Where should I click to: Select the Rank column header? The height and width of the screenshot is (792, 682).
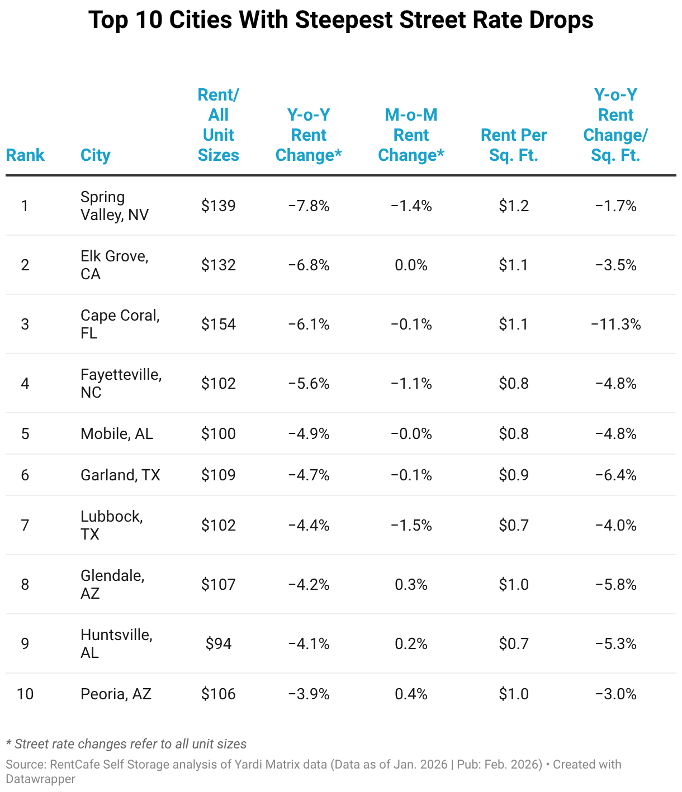point(25,155)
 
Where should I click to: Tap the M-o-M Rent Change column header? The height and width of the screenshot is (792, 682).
point(411,135)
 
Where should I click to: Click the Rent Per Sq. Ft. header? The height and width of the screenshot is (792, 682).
point(514,145)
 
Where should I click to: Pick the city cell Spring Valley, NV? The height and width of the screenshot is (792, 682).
point(114,206)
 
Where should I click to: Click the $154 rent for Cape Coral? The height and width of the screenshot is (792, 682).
point(218,324)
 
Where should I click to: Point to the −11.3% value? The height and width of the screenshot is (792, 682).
point(615,324)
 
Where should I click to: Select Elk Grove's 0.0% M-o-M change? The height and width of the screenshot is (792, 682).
point(411,265)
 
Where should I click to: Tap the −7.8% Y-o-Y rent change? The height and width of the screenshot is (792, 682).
point(309,206)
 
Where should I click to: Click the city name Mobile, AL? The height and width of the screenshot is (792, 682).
point(117,434)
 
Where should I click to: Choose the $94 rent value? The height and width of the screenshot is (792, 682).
point(218,644)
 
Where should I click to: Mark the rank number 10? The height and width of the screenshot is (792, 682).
point(25,694)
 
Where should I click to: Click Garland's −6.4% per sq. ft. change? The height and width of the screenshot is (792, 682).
point(615,475)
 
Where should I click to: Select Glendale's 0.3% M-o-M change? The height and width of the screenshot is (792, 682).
point(411,585)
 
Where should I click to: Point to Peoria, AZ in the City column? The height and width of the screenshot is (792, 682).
point(116,694)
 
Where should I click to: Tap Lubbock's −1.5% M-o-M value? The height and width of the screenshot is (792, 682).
point(411,526)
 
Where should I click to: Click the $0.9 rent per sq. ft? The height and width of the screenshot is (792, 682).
point(514,475)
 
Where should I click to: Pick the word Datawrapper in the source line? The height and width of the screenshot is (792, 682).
point(41,779)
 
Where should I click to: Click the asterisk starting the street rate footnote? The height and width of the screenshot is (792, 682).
point(9,743)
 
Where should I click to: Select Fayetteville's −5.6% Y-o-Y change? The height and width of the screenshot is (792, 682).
point(309,384)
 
